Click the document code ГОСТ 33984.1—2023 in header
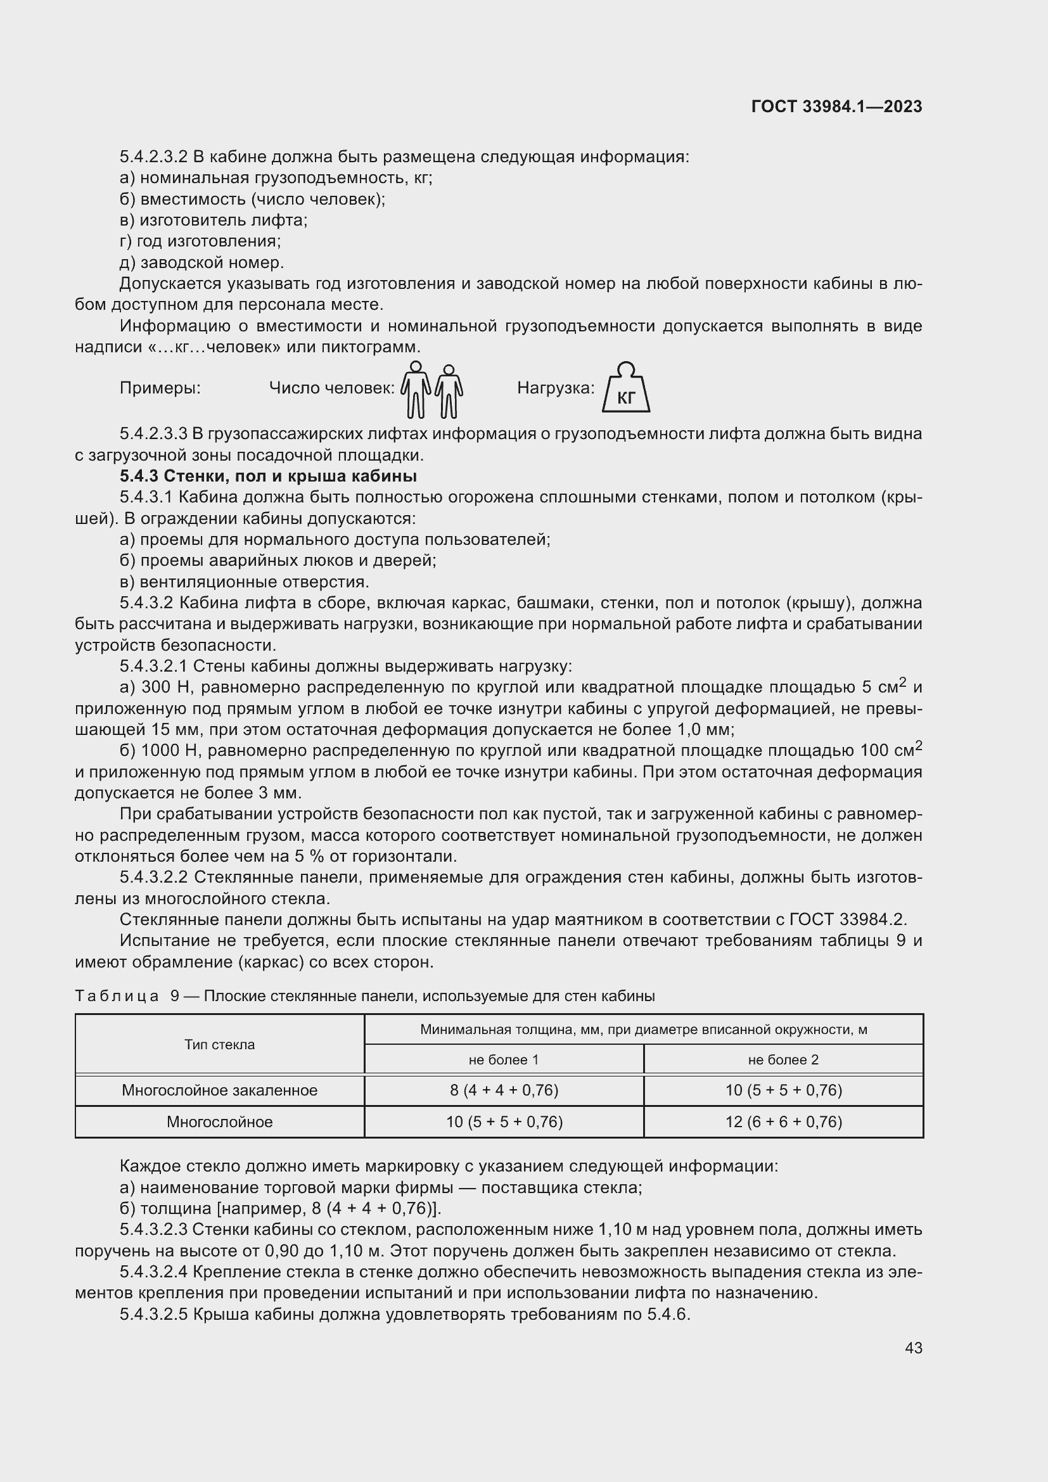(x=836, y=107)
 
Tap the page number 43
(x=913, y=1348)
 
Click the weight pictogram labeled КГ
(x=625, y=388)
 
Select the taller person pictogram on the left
(x=416, y=389)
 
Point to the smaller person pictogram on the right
(x=449, y=392)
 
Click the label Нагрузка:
(x=555, y=388)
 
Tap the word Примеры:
(x=160, y=388)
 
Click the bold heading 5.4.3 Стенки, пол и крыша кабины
(x=268, y=476)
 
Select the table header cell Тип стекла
(x=219, y=1044)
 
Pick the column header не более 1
(x=503, y=1059)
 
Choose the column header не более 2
(x=783, y=1059)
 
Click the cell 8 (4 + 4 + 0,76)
(x=503, y=1090)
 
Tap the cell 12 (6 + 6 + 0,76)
(x=783, y=1122)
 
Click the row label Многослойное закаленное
(x=219, y=1090)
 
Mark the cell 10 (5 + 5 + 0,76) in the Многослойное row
(x=503, y=1122)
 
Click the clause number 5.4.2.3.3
(x=153, y=434)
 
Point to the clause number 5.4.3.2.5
(x=153, y=1314)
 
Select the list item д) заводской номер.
(x=201, y=263)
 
